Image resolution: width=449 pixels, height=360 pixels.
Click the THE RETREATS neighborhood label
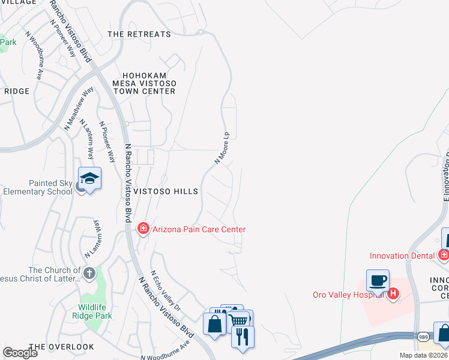click(139, 34)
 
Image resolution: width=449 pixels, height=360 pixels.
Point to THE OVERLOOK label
click(61, 347)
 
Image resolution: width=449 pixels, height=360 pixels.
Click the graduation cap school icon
click(89, 179)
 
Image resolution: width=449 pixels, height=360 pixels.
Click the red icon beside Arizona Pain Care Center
click(143, 229)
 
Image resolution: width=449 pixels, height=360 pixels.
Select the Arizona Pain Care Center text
click(199, 229)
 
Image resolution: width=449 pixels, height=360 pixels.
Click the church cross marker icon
click(89, 274)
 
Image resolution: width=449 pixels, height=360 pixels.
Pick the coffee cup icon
click(378, 280)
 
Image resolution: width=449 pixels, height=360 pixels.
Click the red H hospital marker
click(393, 293)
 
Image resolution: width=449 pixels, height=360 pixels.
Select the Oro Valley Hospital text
click(349, 294)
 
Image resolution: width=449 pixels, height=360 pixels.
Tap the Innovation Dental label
click(402, 256)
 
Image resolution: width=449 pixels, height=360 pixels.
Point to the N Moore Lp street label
click(223, 148)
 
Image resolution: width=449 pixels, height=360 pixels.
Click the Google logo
click(20, 353)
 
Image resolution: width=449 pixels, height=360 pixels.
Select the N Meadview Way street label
click(79, 109)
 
